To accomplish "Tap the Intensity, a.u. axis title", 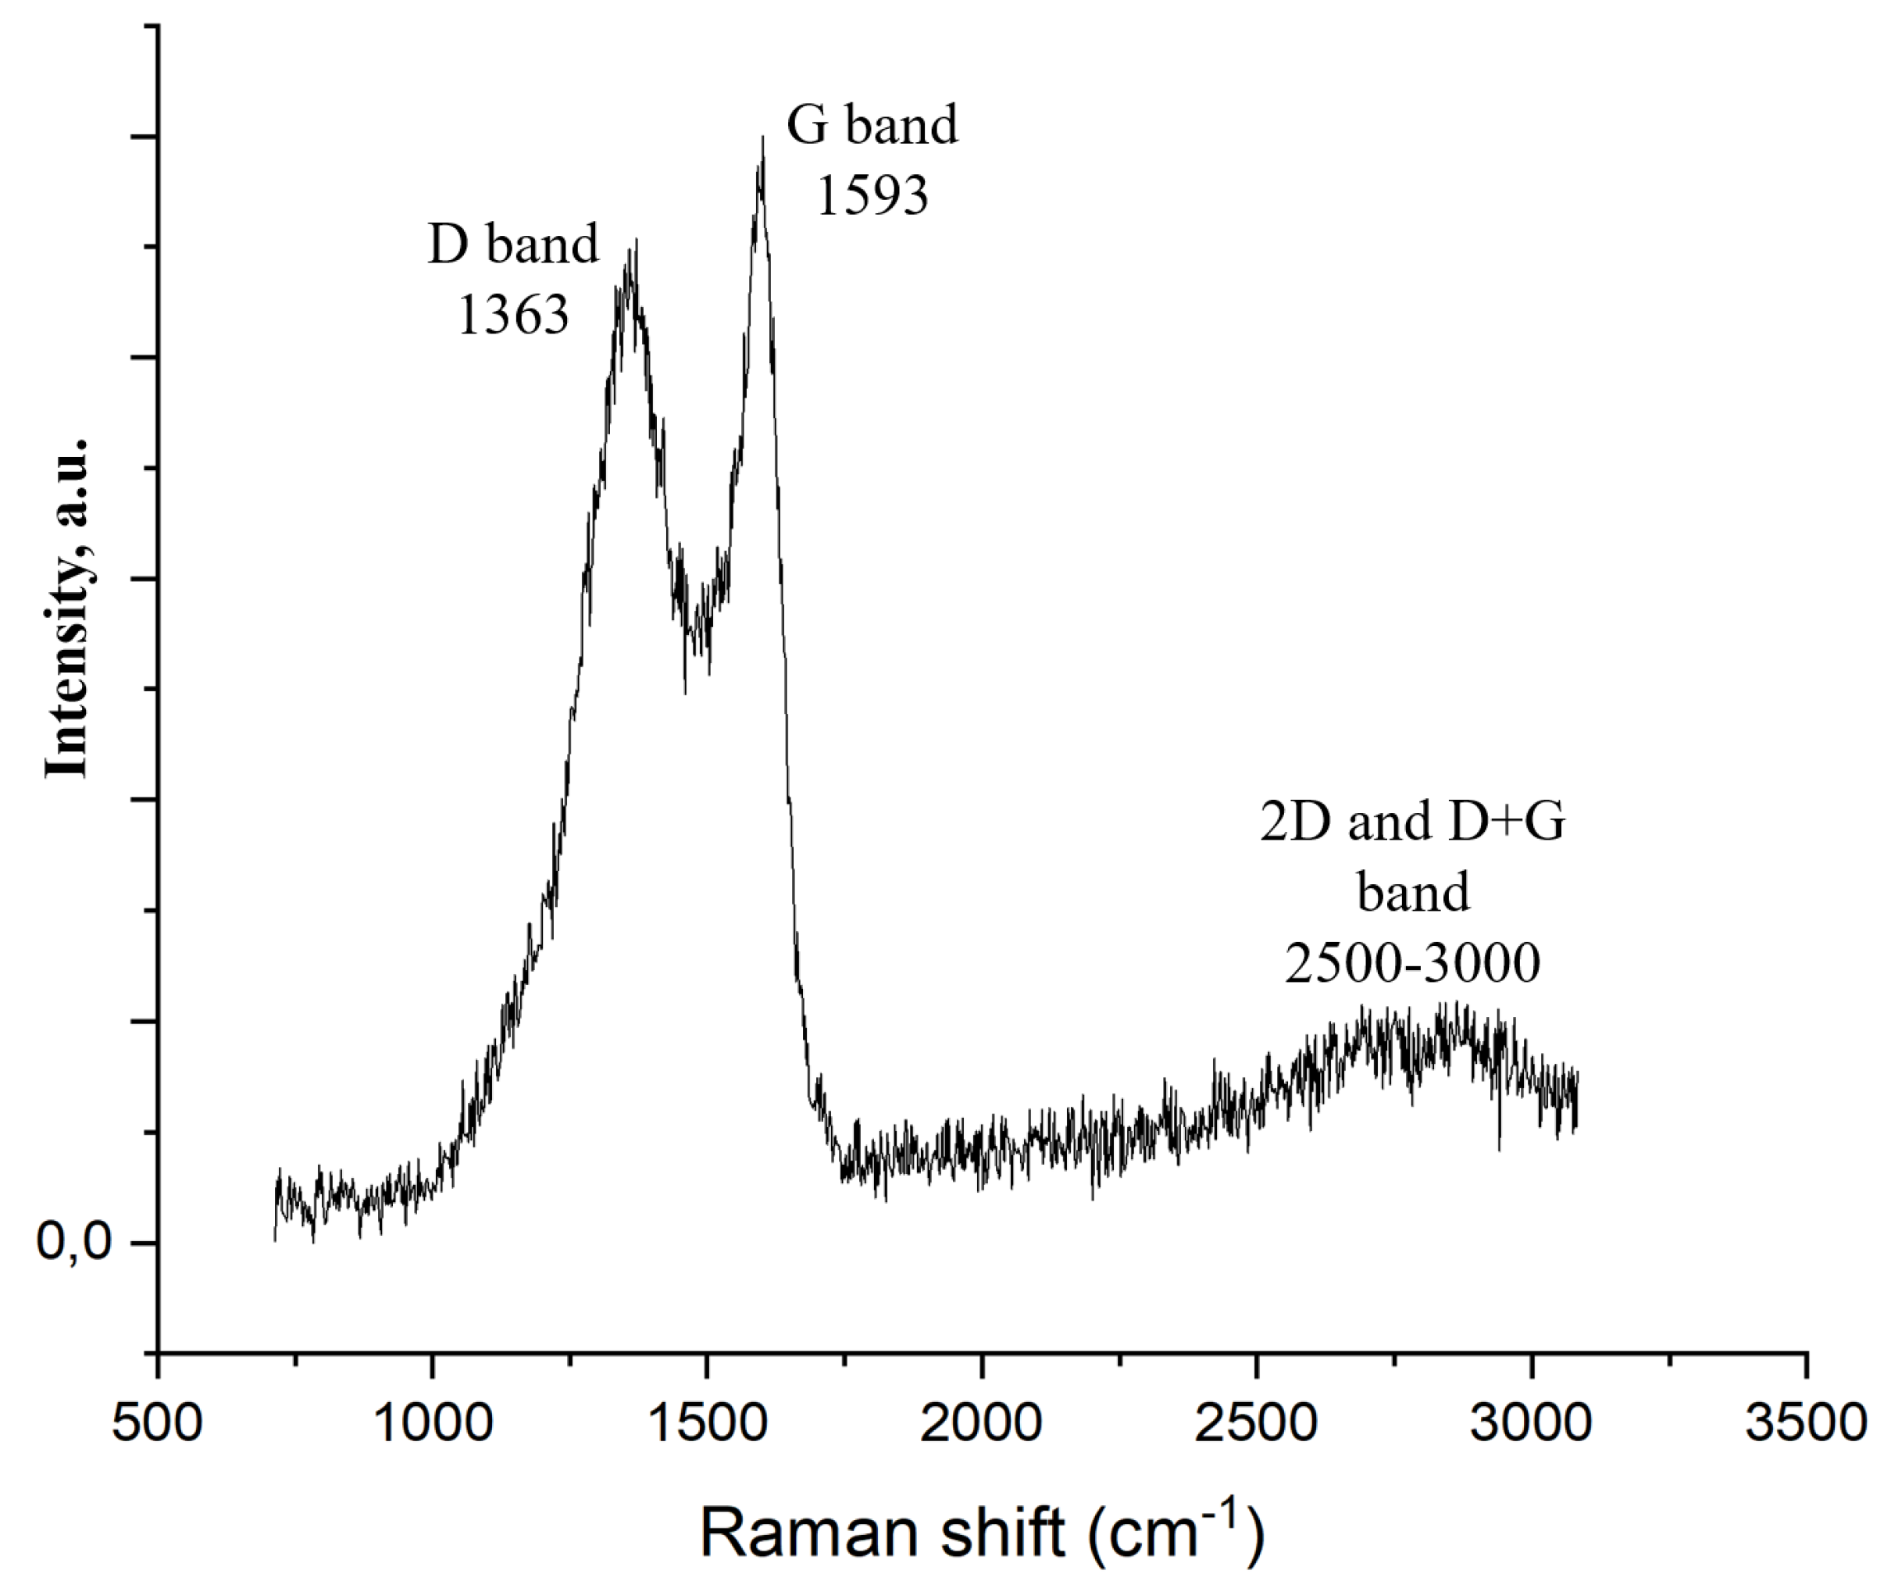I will click(x=67, y=608).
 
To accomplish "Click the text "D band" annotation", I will click(x=512, y=244).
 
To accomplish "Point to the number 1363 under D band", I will click(x=512, y=315).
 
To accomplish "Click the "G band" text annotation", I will click(x=872, y=125).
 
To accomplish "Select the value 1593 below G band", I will click(x=872, y=194).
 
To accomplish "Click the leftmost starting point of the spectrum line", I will click(x=275, y=1239).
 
